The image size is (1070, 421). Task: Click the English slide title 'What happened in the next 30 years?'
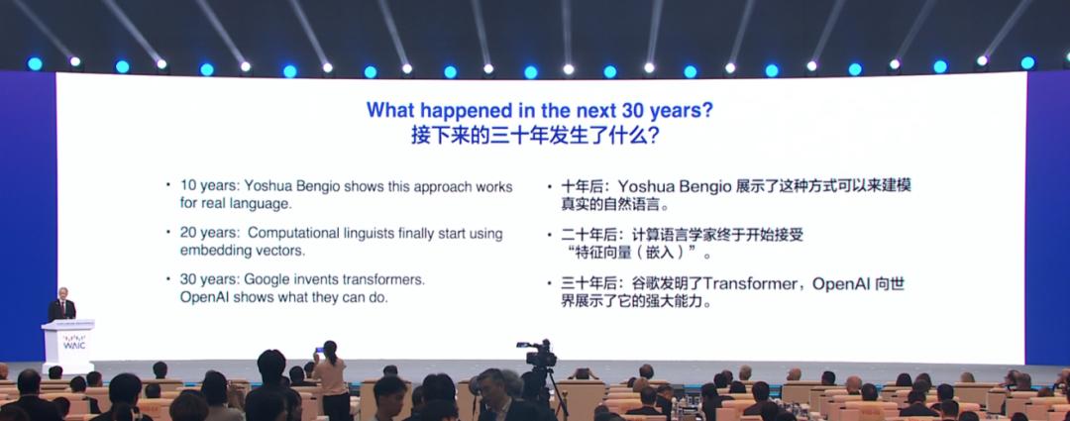point(539,110)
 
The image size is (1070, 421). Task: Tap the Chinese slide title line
point(535,135)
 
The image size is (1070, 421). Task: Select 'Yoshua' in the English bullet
point(267,186)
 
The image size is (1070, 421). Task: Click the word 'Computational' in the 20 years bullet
point(292,233)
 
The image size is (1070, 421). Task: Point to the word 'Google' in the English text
point(267,279)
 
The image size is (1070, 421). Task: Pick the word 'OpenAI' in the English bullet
point(203,297)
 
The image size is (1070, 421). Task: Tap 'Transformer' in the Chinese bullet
point(750,284)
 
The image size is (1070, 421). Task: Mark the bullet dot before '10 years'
point(168,184)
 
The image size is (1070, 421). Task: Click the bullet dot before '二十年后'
point(550,235)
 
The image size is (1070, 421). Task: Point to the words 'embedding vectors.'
point(243,251)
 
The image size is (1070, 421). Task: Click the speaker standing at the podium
point(61,304)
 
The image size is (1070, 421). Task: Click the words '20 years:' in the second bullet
point(208,233)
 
